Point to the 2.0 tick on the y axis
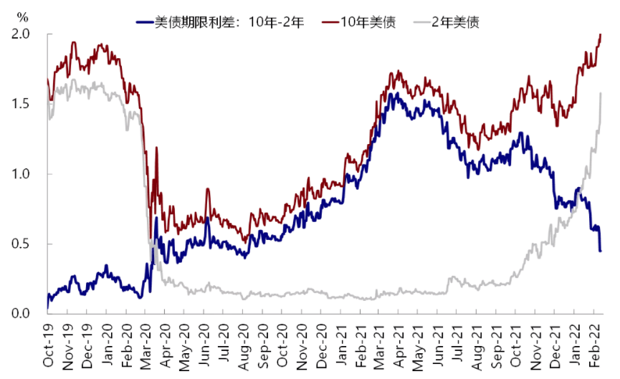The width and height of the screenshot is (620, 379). pyautogui.click(x=20, y=34)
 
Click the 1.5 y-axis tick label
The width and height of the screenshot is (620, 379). pyautogui.click(x=20, y=104)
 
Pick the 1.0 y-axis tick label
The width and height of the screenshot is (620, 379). pyautogui.click(x=20, y=174)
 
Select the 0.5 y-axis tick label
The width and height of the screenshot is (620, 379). pyautogui.click(x=20, y=244)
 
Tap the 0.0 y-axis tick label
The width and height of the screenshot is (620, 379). pyautogui.click(x=20, y=314)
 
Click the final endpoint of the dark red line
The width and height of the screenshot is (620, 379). pyautogui.click(x=601, y=34)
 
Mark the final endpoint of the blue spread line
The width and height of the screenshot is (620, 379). pyautogui.click(x=601, y=251)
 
